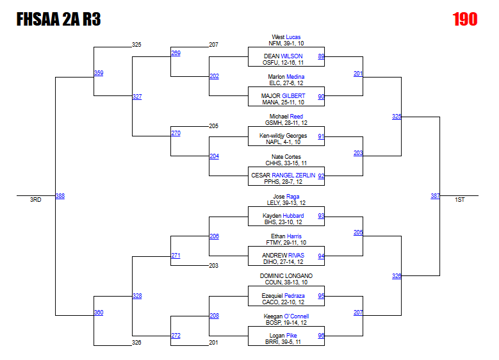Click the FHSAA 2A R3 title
tap(58, 19)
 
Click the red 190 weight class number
tap(465, 19)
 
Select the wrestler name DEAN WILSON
tap(283, 56)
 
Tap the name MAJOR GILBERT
tap(283, 96)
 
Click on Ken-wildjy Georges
tap(283, 136)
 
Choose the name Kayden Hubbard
tap(284, 216)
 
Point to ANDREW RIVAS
tap(283, 256)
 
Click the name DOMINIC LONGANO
tap(286, 276)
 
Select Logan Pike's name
tap(283, 336)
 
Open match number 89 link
tap(321, 56)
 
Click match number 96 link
tap(321, 336)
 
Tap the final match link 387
tap(435, 196)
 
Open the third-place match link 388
tap(60, 196)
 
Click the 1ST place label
tap(460, 200)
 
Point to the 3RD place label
tap(35, 200)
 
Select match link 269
tap(176, 53)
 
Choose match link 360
tap(99, 313)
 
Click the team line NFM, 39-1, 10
tap(286, 44)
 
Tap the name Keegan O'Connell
tap(286, 316)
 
